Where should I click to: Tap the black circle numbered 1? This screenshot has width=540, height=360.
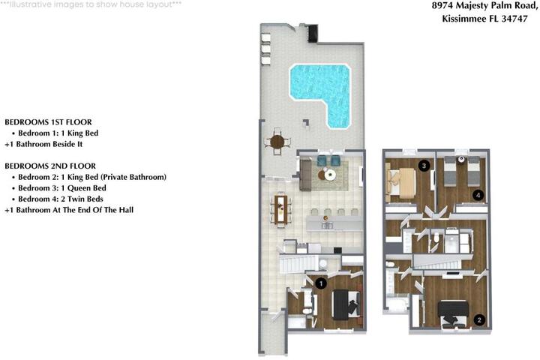tap(321, 283)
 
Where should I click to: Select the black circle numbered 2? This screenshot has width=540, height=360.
tap(479, 320)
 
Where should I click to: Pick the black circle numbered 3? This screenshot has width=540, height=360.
tap(424, 166)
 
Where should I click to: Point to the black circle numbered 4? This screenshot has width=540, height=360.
tap(478, 195)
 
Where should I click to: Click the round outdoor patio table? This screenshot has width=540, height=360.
tap(277, 141)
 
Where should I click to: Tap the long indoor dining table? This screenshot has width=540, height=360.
tap(280, 209)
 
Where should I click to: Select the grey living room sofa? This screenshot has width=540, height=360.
tap(305, 175)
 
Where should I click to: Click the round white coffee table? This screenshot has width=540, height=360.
tap(329, 175)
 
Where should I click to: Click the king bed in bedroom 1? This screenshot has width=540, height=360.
tap(346, 305)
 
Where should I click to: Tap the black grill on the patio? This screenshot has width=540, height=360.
tap(313, 33)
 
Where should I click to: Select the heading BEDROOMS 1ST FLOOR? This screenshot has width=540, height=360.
tap(48, 122)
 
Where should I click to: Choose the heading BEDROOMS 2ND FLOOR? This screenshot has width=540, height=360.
tap(50, 166)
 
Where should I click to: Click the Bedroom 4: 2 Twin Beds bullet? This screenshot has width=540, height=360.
tap(58, 199)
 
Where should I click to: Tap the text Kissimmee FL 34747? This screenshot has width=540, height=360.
tap(484, 19)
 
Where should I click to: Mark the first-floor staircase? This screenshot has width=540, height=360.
tap(298, 263)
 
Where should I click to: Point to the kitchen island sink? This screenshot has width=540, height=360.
tap(327, 226)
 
